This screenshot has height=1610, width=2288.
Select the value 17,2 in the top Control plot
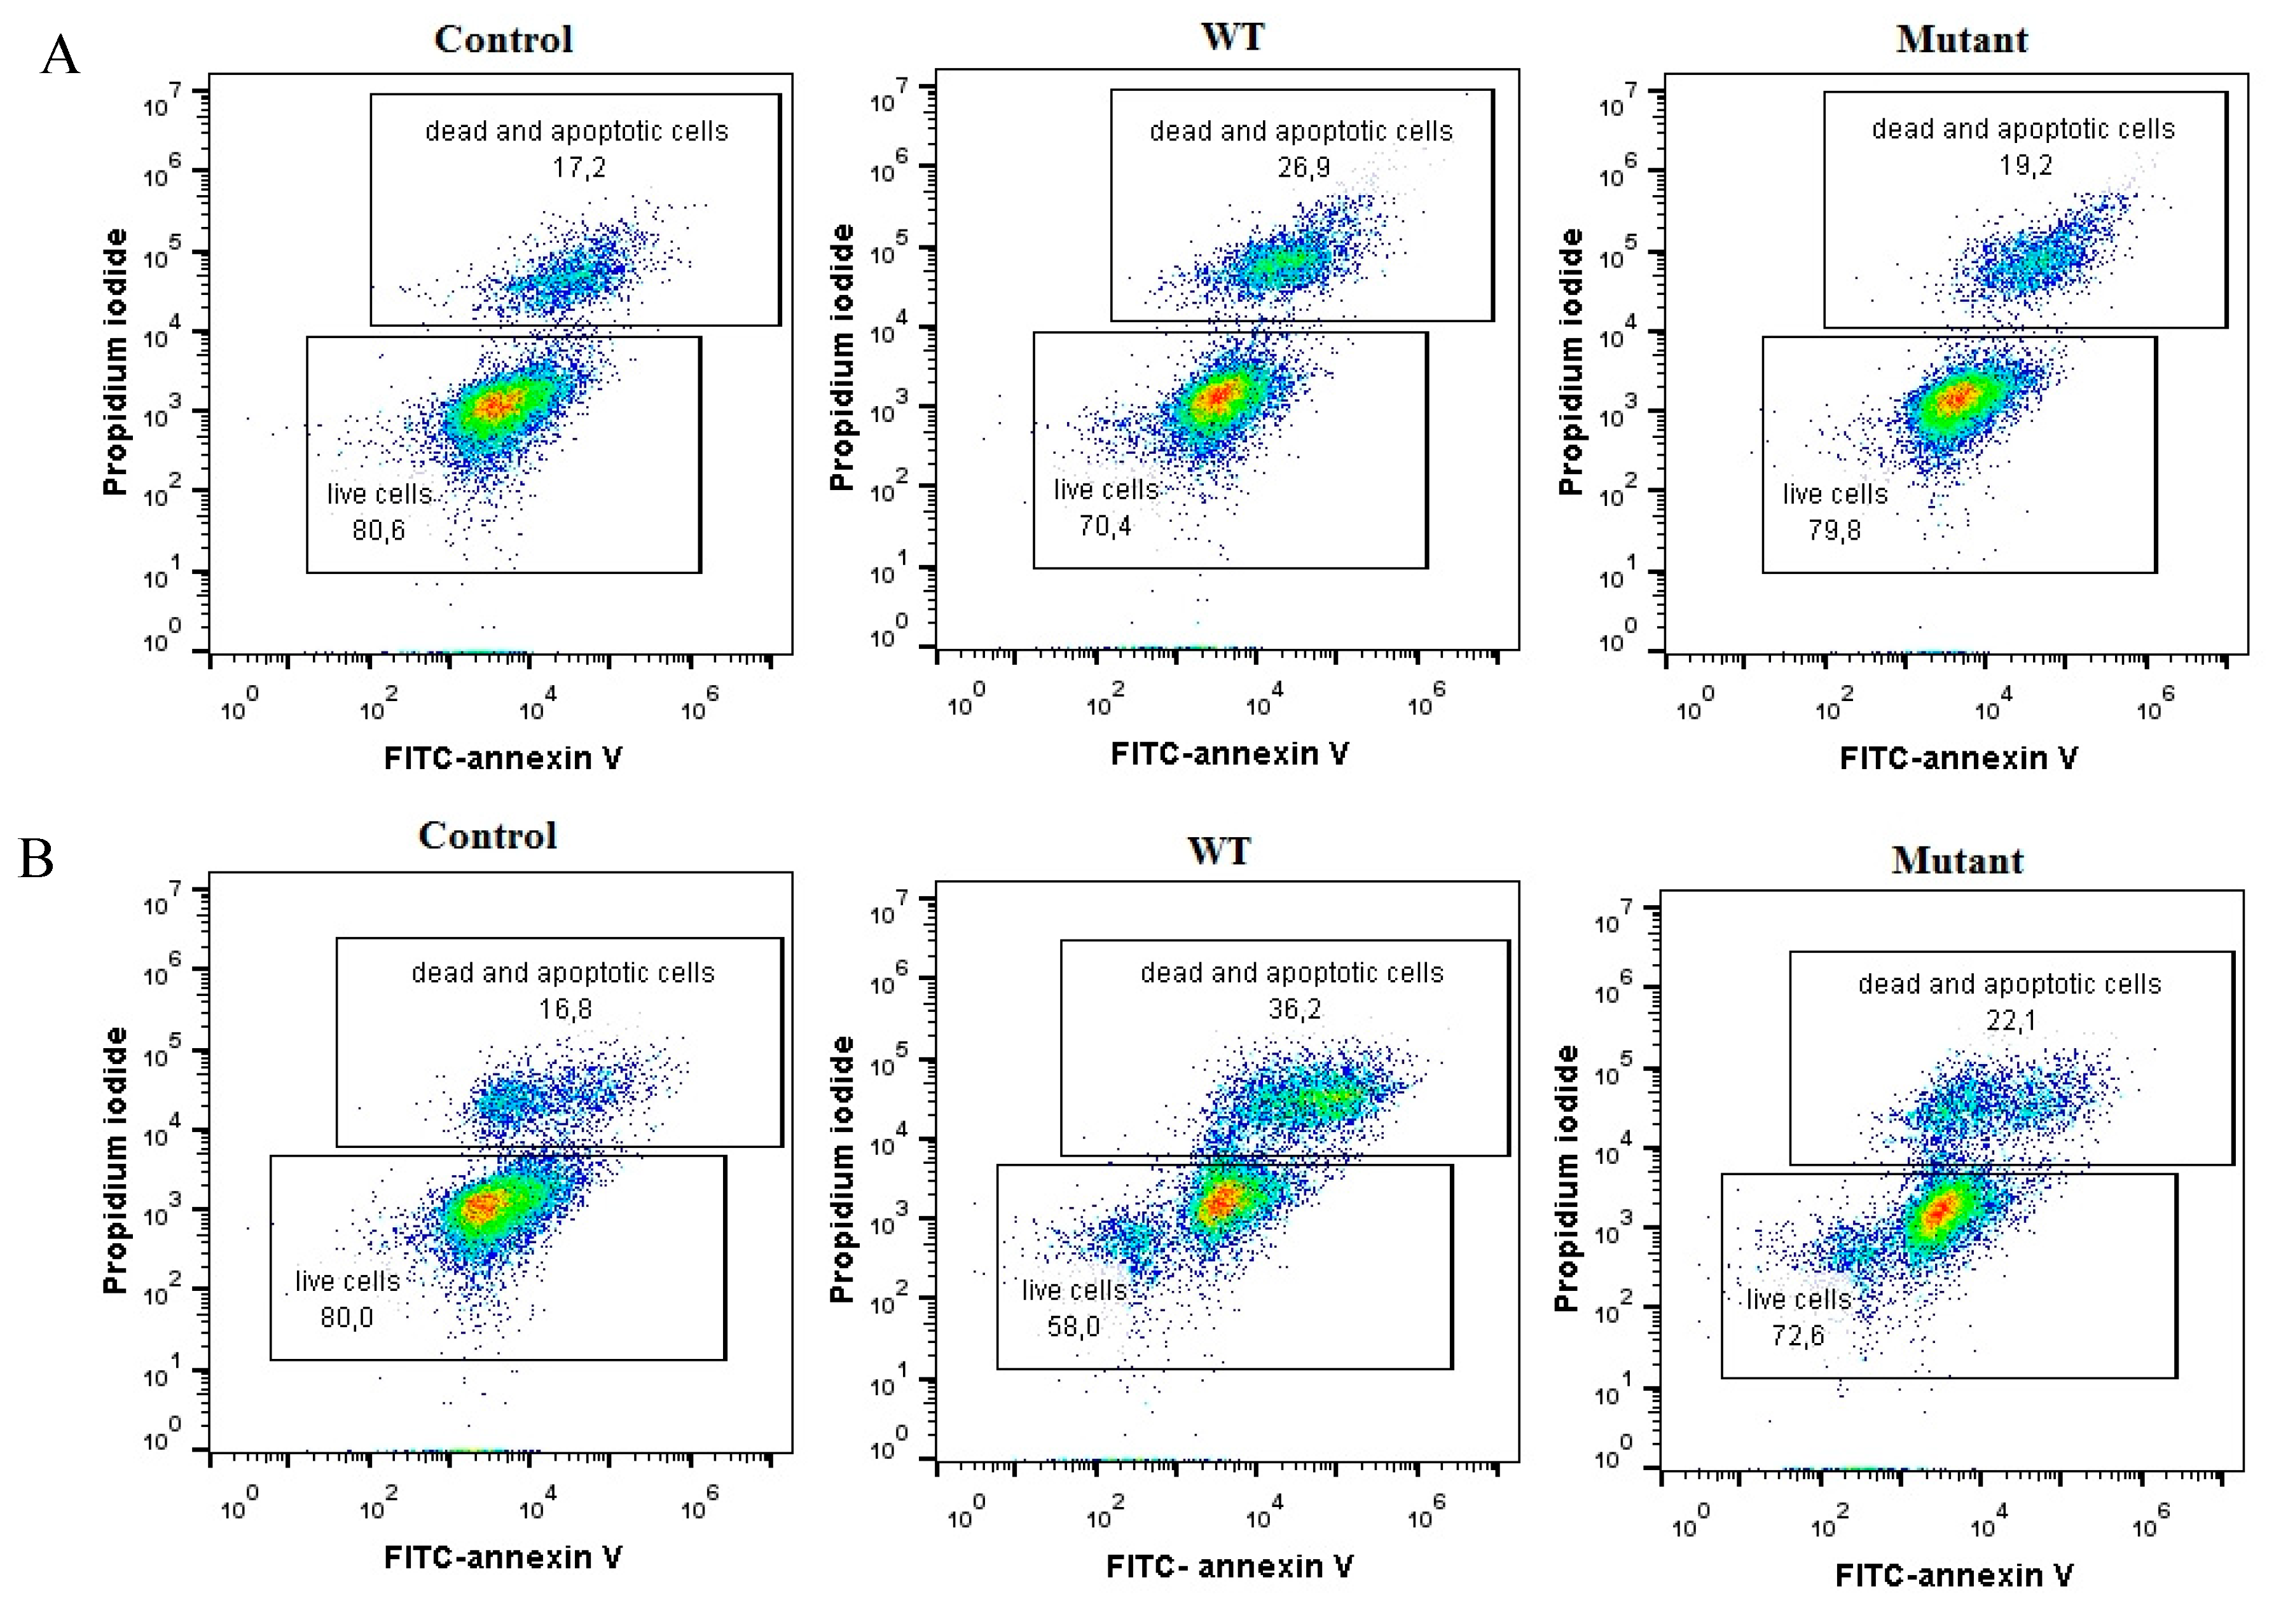[x=579, y=167]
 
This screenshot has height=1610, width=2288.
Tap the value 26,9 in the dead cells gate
[x=1304, y=167]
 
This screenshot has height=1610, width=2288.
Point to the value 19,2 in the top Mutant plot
[x=2025, y=165]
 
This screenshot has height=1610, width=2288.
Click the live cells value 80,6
[x=378, y=530]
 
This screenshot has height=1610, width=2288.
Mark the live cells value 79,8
[x=1835, y=530]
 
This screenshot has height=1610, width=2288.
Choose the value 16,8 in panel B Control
[x=565, y=1009]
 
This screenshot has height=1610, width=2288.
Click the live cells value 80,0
[x=347, y=1318]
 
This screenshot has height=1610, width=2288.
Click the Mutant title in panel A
[x=1961, y=40]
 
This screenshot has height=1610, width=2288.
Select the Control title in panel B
[x=487, y=836]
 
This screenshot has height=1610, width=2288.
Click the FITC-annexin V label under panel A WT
[x=1230, y=754]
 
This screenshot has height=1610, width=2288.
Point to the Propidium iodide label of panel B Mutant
[x=1566, y=1178]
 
